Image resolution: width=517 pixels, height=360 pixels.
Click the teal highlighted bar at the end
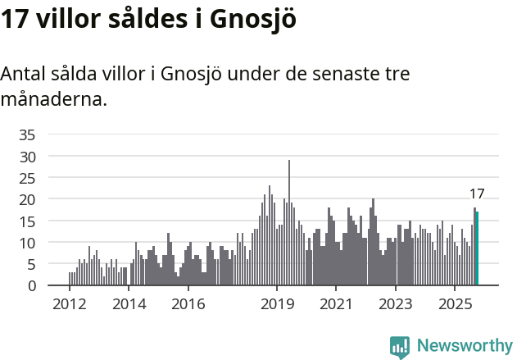tap(477, 248)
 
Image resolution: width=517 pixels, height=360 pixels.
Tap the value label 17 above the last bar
tap(477, 194)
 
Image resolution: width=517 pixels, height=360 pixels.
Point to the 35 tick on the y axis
tap(27, 134)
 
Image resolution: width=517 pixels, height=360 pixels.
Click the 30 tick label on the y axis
tap(27, 156)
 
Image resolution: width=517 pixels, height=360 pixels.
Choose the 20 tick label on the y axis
tap(27, 199)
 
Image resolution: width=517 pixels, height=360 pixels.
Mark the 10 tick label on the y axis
tap(27, 243)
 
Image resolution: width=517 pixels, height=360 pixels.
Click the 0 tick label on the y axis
tap(31, 286)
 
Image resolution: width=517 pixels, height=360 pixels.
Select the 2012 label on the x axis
tap(69, 304)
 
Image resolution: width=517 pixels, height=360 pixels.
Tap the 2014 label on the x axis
tap(129, 304)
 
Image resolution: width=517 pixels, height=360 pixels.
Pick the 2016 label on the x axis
tap(188, 304)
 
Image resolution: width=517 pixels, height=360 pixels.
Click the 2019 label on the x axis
tap(277, 304)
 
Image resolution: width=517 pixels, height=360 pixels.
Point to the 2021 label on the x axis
tap(337, 304)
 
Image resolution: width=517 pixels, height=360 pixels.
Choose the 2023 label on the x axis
tap(396, 304)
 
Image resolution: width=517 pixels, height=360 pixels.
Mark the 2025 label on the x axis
tap(456, 304)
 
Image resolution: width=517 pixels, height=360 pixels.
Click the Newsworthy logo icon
tap(400, 346)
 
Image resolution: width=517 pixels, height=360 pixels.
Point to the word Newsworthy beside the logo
tap(465, 346)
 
